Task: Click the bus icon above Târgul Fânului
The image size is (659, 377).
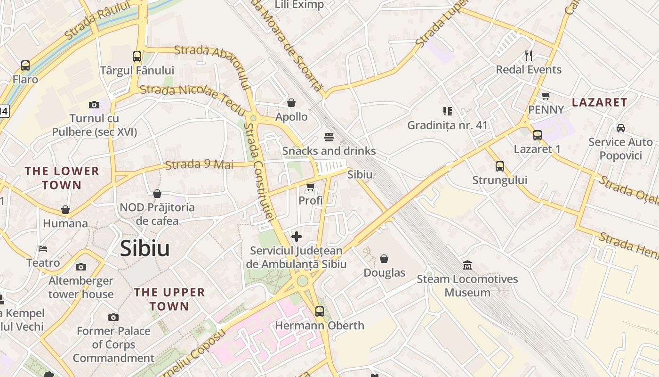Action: click(x=137, y=57)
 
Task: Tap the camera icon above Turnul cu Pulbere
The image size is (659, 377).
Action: click(x=94, y=105)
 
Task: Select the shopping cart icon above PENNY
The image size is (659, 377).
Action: click(x=546, y=96)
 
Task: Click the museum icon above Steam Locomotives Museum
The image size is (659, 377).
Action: click(x=467, y=265)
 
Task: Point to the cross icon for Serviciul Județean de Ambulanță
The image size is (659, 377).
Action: click(x=297, y=237)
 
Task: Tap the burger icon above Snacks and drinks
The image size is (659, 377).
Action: click(x=329, y=137)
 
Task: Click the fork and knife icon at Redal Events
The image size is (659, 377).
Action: click(x=529, y=56)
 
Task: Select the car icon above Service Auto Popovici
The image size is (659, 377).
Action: click(x=620, y=128)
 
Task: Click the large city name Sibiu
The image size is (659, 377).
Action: click(x=145, y=248)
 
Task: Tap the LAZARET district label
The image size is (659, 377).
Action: click(x=599, y=102)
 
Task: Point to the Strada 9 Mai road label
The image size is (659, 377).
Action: click(x=200, y=164)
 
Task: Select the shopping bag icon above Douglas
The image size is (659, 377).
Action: click(x=384, y=259)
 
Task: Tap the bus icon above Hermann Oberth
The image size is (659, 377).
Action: click(x=320, y=311)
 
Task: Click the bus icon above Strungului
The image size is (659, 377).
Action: click(x=499, y=166)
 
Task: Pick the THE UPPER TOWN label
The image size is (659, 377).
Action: click(x=169, y=299)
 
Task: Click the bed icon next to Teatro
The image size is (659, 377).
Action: click(x=43, y=249)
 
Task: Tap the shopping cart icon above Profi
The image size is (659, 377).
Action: click(x=310, y=187)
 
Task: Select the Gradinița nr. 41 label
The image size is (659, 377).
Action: click(x=447, y=125)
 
